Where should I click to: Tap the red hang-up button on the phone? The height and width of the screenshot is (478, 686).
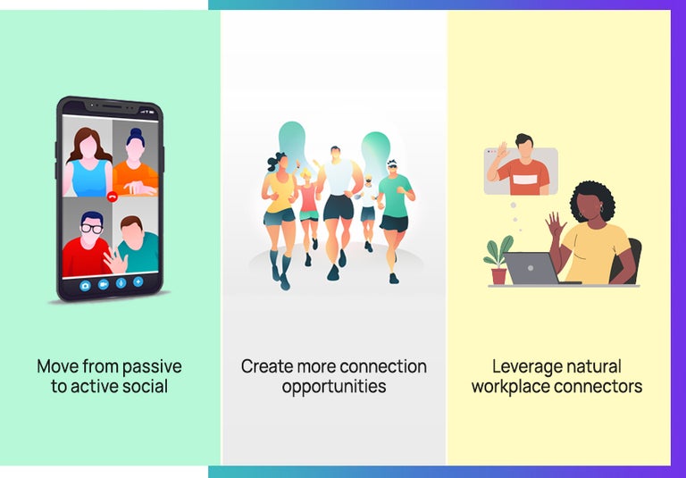112,195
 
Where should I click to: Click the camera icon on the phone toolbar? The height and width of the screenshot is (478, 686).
85,284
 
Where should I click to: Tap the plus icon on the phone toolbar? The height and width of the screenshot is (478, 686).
138,282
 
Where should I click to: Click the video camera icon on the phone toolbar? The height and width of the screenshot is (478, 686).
103,284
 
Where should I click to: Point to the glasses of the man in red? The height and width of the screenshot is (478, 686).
90,229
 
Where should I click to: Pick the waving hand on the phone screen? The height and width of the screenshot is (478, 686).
113,260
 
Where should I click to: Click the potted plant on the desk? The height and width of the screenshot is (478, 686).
498,260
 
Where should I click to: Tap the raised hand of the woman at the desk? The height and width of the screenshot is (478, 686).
554,223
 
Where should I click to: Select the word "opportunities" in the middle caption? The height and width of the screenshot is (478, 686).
334,387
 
